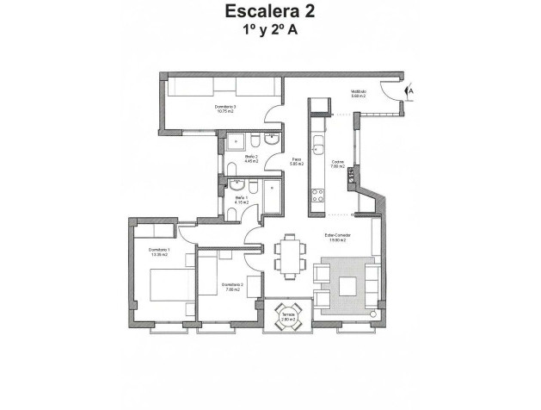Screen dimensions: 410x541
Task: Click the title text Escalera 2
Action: pos(270,12)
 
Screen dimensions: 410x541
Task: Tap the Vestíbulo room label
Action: pos(359,94)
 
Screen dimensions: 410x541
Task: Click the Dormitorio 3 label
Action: pos(226,109)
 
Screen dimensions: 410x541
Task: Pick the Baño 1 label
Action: pos(242,201)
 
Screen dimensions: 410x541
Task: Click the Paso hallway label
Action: pos(296,161)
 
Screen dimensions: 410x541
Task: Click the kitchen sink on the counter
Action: pos(317,142)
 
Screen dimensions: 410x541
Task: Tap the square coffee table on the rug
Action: pos(347,286)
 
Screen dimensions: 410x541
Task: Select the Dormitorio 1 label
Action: pos(158,252)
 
